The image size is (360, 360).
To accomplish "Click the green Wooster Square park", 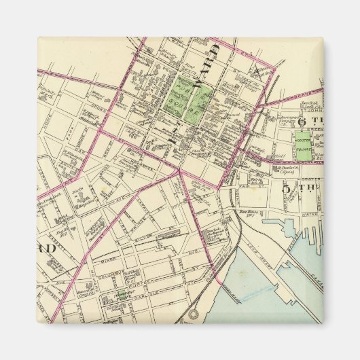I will (x=302, y=145).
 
